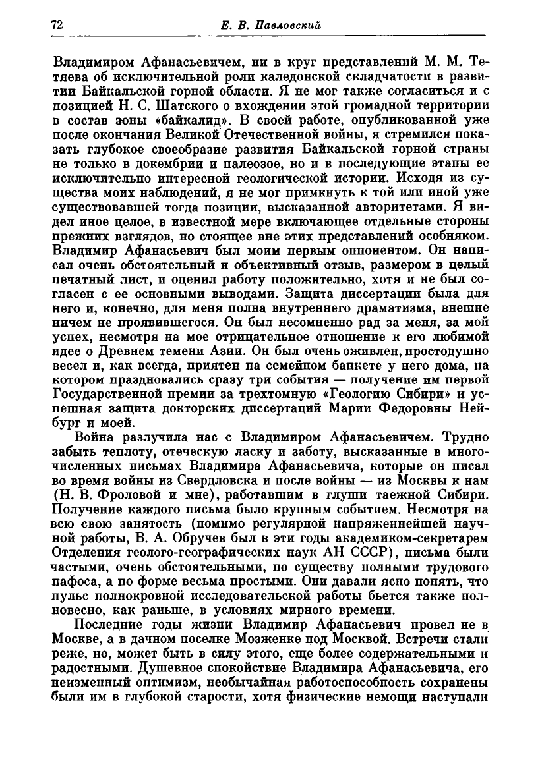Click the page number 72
coord(56,25)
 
